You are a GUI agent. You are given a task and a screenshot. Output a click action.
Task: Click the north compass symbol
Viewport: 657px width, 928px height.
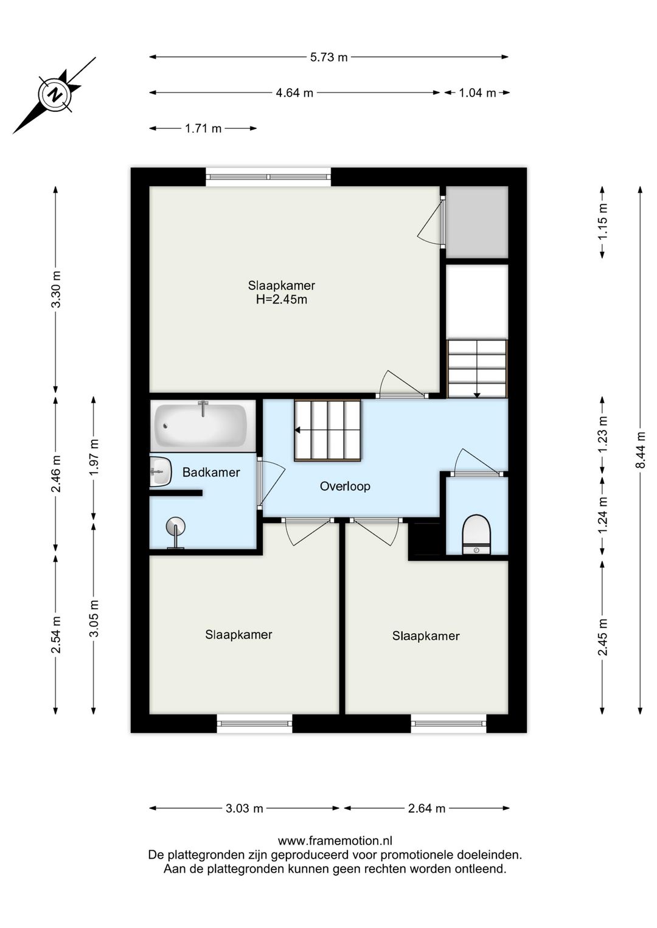pyautogui.click(x=55, y=95)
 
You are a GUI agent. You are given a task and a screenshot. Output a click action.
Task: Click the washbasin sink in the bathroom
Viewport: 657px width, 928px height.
pyautogui.click(x=161, y=471)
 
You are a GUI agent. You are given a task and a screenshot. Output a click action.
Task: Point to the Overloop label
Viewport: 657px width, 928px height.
pyautogui.click(x=345, y=486)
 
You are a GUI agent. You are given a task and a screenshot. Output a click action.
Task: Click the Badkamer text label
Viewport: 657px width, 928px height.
pyautogui.click(x=211, y=472)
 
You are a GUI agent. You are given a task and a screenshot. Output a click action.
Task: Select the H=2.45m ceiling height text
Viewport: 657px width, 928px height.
pyautogui.click(x=281, y=299)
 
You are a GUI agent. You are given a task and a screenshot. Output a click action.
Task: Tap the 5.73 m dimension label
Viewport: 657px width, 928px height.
pyautogui.click(x=328, y=57)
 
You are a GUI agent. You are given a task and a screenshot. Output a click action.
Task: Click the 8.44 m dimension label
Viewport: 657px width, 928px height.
pyautogui.click(x=640, y=450)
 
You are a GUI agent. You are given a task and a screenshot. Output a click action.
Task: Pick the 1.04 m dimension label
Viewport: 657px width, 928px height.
pyautogui.click(x=477, y=93)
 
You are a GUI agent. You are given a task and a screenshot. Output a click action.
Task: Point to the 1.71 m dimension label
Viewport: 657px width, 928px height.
pyautogui.click(x=203, y=128)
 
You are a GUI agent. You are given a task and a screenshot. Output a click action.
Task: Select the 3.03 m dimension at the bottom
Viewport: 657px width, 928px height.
pyautogui.click(x=244, y=808)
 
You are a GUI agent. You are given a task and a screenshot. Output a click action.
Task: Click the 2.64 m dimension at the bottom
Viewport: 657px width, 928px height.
pyautogui.click(x=426, y=808)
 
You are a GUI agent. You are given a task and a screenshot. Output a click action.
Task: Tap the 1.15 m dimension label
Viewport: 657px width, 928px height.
pyautogui.click(x=602, y=222)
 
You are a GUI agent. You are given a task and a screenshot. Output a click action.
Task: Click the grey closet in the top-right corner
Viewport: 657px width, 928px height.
pyautogui.click(x=478, y=222)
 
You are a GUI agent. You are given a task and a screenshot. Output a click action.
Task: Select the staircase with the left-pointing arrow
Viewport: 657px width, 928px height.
pyautogui.click(x=328, y=431)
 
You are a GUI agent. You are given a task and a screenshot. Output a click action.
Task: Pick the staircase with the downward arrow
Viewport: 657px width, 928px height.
pyautogui.click(x=477, y=369)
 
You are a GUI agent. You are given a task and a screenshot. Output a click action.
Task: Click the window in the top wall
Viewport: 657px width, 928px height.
pyautogui.click(x=268, y=177)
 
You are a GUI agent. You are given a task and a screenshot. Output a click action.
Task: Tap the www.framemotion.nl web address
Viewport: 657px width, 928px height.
pyautogui.click(x=335, y=840)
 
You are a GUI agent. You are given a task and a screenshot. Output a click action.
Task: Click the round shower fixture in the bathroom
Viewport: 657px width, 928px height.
pyautogui.click(x=176, y=527)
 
